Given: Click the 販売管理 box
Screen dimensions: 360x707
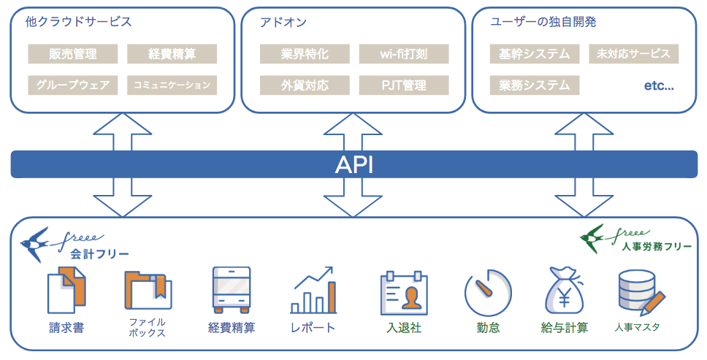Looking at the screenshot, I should (73, 53).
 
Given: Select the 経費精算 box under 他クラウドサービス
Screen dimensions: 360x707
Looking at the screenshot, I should (172, 53).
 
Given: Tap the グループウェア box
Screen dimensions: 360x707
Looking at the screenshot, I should (73, 85).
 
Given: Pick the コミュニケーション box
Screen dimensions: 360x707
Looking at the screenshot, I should (172, 85).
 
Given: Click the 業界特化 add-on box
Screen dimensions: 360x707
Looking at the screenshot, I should (305, 53).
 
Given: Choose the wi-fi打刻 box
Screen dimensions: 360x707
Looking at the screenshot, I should (404, 53).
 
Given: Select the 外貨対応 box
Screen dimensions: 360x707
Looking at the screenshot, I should (305, 85).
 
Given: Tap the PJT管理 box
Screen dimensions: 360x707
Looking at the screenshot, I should (404, 85).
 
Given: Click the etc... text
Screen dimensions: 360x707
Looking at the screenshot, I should (658, 85).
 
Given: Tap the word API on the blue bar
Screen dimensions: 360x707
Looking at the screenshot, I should (353, 165).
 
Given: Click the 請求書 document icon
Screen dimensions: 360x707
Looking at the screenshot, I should (66, 290).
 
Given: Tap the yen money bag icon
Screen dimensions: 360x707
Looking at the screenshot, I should (565, 291).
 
